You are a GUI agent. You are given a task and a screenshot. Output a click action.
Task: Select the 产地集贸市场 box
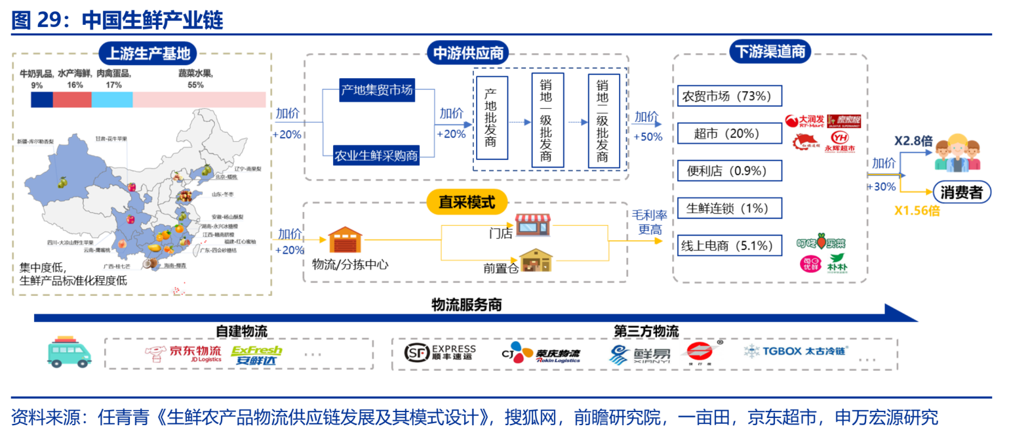pos(377,90)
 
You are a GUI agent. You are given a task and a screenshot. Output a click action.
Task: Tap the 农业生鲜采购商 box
pos(376,156)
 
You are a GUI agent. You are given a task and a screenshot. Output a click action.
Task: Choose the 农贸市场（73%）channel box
pos(729,96)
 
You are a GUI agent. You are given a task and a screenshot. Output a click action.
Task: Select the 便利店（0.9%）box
pos(729,171)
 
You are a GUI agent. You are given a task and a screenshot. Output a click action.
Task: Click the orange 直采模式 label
pos(467,202)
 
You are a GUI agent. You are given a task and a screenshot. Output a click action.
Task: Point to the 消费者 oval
pos(962,192)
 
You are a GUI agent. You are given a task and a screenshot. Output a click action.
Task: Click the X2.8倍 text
pos(913,141)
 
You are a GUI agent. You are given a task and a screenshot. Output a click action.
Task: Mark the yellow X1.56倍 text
pos(917,211)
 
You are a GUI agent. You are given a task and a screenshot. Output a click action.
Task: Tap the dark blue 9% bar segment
pos(41,99)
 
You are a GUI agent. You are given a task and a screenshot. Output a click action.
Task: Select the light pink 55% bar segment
pos(199,99)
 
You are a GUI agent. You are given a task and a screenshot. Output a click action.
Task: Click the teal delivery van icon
pos(69,352)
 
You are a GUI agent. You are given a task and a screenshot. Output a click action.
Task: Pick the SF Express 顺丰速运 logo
pos(440,353)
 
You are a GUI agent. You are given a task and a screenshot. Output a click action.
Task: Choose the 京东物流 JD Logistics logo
pos(184,354)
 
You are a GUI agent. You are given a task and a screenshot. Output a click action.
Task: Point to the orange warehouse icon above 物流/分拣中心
pos(345,240)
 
